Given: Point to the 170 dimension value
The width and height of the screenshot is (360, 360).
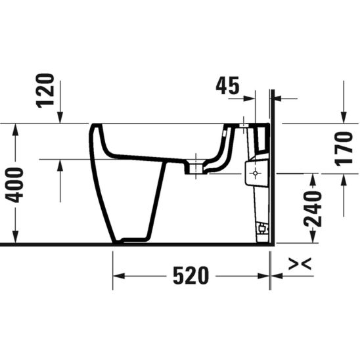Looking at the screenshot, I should (x=344, y=148).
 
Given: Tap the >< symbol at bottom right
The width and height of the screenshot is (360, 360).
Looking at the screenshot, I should (x=300, y=264).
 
